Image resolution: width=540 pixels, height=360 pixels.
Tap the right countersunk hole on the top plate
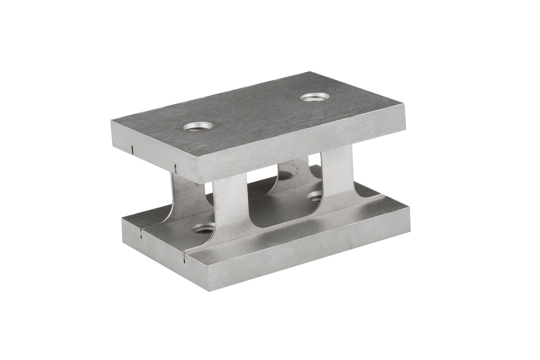coord(315,98)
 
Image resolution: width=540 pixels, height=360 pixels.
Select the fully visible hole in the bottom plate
coord(204,229)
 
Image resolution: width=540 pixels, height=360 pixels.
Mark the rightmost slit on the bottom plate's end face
coord(182,258)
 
